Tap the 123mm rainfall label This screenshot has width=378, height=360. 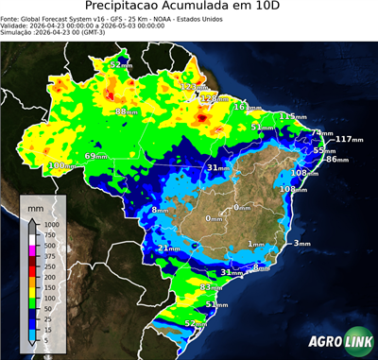(x=192, y=87)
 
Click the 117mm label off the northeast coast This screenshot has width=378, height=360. (x=349, y=139)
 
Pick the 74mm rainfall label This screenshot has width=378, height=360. (x=323, y=133)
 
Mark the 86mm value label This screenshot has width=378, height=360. (x=336, y=160)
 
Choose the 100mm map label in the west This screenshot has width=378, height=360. (x=62, y=165)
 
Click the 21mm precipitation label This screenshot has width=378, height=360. (x=167, y=249)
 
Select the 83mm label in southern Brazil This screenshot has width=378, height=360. (x=211, y=286)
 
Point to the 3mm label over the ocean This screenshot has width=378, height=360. (x=301, y=244)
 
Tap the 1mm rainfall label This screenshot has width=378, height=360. (x=255, y=244)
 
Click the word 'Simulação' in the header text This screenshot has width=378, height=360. (x=19, y=33)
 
